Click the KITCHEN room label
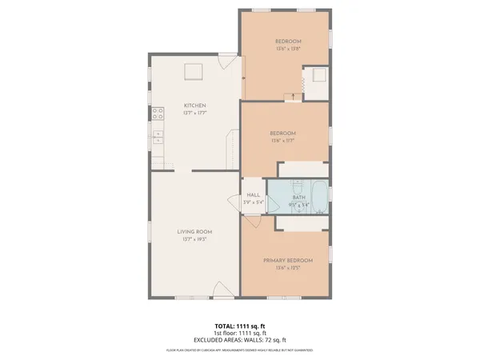195,106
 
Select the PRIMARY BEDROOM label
288,261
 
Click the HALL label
253,195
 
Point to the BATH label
298,197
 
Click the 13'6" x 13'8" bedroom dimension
288,49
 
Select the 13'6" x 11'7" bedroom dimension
282,140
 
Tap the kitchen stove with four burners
158,113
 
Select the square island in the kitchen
194,72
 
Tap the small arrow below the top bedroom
293,97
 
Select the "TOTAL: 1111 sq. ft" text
239,326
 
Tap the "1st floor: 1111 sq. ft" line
239,333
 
